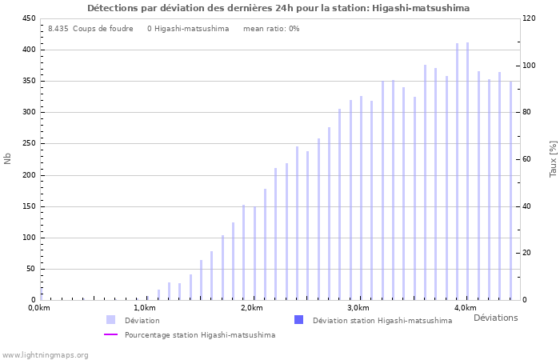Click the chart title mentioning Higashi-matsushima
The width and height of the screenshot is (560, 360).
point(278,8)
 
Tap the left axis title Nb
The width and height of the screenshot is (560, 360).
point(8,158)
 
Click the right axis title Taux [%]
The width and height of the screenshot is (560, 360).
point(553,158)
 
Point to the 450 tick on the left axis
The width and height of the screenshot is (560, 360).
point(28,18)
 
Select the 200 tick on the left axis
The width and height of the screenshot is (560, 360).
point(28,175)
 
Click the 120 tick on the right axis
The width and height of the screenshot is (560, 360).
point(529,18)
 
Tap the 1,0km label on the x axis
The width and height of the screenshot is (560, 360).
point(144,308)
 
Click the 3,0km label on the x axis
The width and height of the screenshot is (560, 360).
point(358,308)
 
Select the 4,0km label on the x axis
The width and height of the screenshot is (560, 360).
point(465,308)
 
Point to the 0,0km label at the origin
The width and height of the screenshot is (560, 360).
point(39,308)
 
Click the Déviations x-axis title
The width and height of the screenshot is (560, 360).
point(495,318)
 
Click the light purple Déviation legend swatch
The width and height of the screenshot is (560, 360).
point(110,320)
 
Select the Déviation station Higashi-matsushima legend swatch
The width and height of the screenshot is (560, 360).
point(298,320)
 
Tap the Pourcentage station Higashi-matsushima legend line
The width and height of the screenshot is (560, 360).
point(110,335)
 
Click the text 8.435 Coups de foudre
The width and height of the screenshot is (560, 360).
point(90,29)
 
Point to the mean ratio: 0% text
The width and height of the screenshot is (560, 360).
point(271,29)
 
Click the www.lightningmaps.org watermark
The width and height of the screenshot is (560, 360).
point(45,354)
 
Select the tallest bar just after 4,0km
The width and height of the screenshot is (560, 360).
point(468,171)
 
